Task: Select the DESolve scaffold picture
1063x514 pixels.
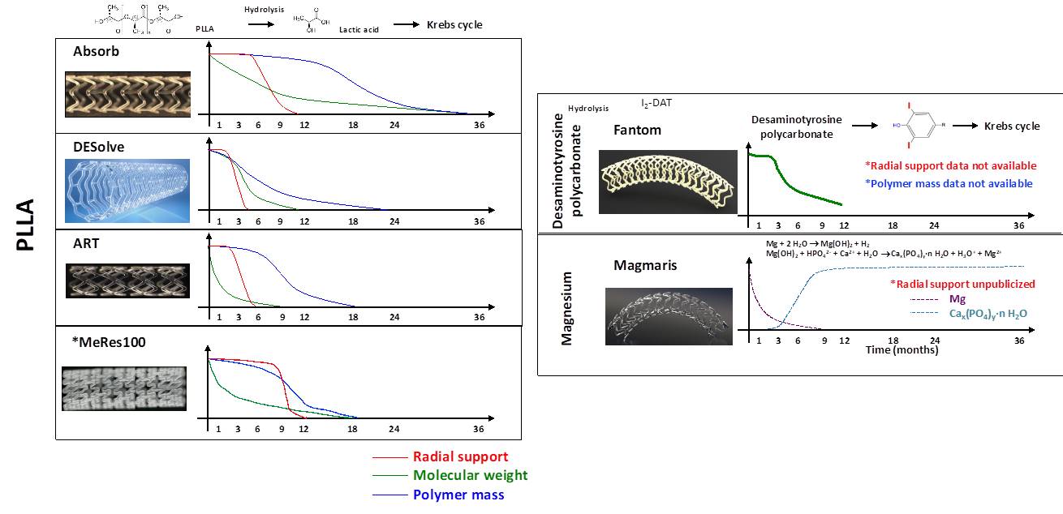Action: pos(127,190)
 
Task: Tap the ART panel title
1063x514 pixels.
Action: pos(86,243)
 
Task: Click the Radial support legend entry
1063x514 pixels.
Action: pos(460,457)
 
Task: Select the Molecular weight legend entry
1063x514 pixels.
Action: pos(470,476)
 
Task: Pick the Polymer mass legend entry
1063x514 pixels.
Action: pos(458,495)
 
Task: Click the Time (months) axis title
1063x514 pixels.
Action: pos(902,350)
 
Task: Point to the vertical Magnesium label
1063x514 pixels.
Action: pos(567,308)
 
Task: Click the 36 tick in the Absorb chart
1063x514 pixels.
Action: pos(479,126)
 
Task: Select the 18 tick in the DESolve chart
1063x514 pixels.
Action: pos(353,221)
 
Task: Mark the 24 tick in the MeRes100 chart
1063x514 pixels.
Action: pos(394,429)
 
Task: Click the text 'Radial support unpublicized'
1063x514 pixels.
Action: pos(963,283)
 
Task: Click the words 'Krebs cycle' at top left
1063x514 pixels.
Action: pos(454,25)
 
